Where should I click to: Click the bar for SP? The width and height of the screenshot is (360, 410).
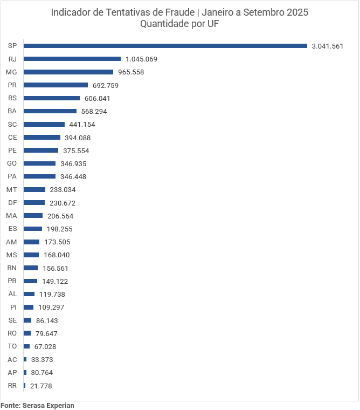tap(165, 46)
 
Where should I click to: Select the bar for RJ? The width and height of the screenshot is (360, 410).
tap(72, 59)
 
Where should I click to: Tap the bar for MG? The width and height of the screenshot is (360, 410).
tap(68, 72)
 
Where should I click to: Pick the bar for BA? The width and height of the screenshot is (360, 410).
tap(50, 111)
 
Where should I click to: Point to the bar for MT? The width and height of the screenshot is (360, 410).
tap(34, 189)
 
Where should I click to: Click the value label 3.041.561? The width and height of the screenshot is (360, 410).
tap(327, 46)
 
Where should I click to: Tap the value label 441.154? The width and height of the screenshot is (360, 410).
tap(82, 125)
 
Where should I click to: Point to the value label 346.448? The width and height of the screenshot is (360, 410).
tap(73, 177)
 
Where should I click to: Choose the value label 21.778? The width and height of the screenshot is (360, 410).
tap(41, 386)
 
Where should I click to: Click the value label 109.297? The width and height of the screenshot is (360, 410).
tap(51, 307)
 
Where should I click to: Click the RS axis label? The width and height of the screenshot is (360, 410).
tap(12, 98)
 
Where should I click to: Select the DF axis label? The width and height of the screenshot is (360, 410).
tap(12, 203)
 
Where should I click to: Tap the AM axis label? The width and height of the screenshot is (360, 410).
tap(12, 242)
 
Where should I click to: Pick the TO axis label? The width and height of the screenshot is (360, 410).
tap(12, 346)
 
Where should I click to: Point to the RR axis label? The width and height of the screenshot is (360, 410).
tap(12, 386)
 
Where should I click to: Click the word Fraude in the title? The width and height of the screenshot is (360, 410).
tap(174, 12)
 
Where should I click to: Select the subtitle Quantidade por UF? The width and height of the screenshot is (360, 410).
tap(179, 24)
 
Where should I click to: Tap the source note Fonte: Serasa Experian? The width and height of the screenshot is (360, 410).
tap(37, 405)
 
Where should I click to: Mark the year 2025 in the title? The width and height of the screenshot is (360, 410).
tap(297, 12)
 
